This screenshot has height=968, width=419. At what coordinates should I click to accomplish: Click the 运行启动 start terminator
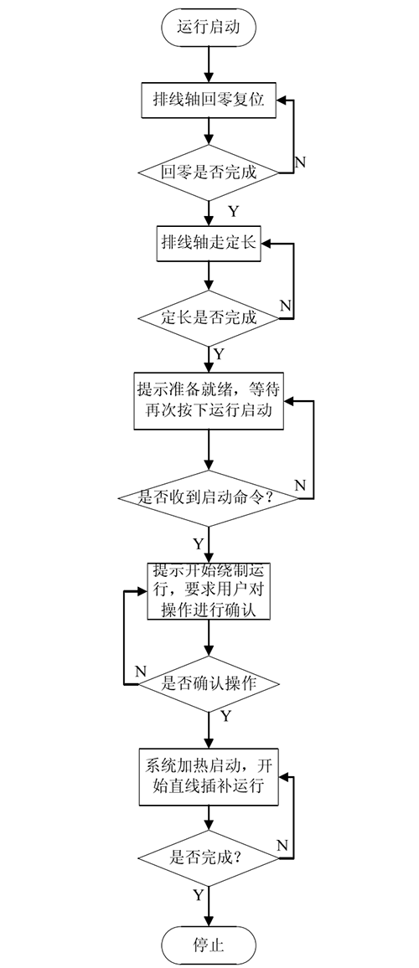(x=209, y=27)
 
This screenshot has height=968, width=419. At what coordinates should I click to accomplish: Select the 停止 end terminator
(x=209, y=945)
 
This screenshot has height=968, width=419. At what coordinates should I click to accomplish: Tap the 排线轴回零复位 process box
(x=209, y=100)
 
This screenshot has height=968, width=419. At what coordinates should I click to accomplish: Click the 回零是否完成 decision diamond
(x=209, y=173)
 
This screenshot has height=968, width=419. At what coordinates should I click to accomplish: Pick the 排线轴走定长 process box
(x=209, y=243)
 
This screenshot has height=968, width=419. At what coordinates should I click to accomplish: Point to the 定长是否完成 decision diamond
(x=209, y=318)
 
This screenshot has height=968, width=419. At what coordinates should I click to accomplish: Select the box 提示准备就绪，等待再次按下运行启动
(x=209, y=401)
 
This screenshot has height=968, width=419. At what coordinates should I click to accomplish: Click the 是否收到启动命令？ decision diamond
(x=209, y=497)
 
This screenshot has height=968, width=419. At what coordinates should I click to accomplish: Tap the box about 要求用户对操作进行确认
(x=209, y=591)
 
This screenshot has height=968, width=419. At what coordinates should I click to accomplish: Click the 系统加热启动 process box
(x=209, y=775)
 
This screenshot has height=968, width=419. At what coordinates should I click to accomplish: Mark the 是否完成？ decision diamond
(x=209, y=856)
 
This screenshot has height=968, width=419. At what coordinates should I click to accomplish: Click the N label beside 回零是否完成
(x=300, y=162)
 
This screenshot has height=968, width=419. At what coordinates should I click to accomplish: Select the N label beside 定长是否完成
(x=284, y=305)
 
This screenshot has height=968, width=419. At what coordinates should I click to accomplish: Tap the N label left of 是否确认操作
(x=141, y=672)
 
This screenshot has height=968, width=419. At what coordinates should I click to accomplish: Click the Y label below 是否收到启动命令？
(x=198, y=543)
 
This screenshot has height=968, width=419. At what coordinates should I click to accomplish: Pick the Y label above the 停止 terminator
(x=198, y=896)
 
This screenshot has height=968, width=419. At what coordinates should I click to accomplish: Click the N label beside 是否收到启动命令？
(x=300, y=485)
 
